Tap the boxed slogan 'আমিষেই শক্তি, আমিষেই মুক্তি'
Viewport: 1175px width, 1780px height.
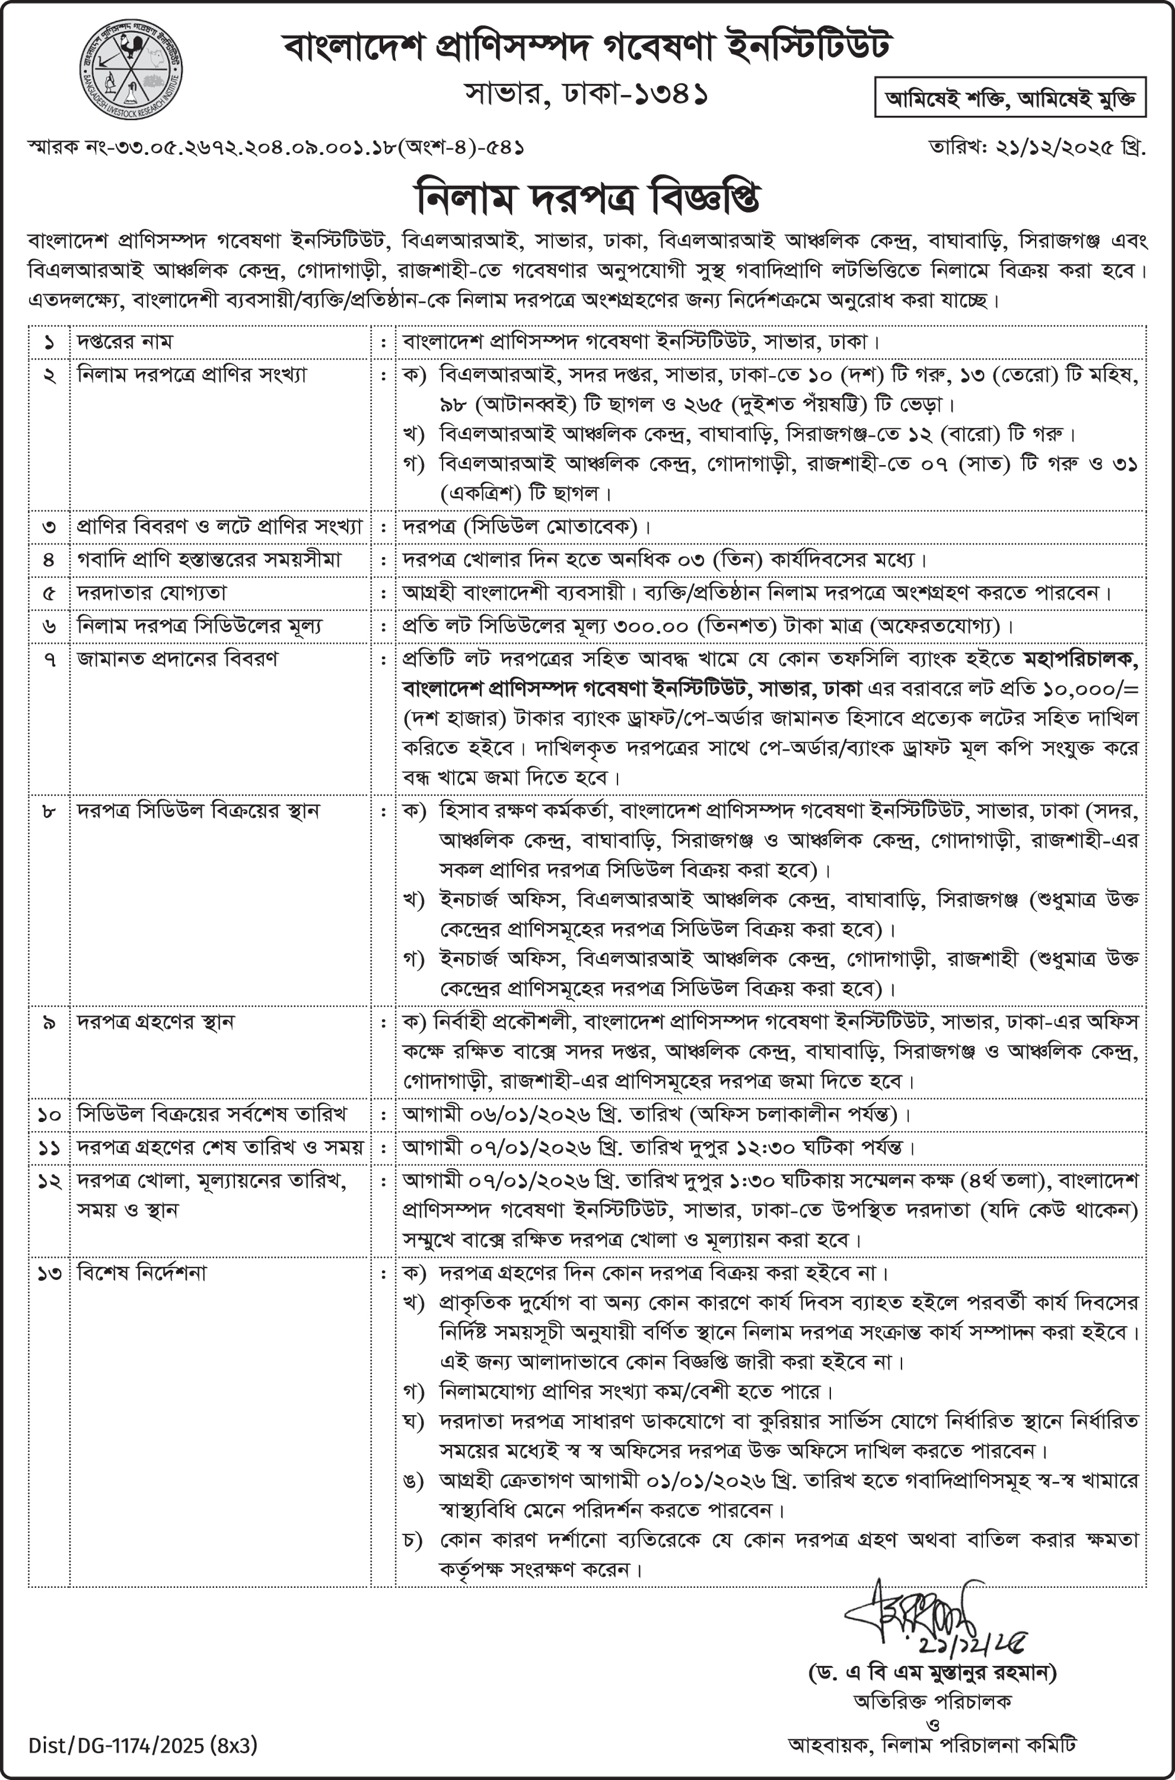coord(1010,98)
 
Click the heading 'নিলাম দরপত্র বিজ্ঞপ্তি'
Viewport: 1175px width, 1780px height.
coord(587,197)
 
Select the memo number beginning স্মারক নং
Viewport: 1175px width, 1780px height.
coord(276,148)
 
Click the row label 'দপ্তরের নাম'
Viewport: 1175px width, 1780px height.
coord(125,342)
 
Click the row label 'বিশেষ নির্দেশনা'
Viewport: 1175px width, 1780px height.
coord(142,1273)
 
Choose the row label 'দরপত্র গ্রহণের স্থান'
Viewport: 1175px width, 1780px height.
coord(156,1022)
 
